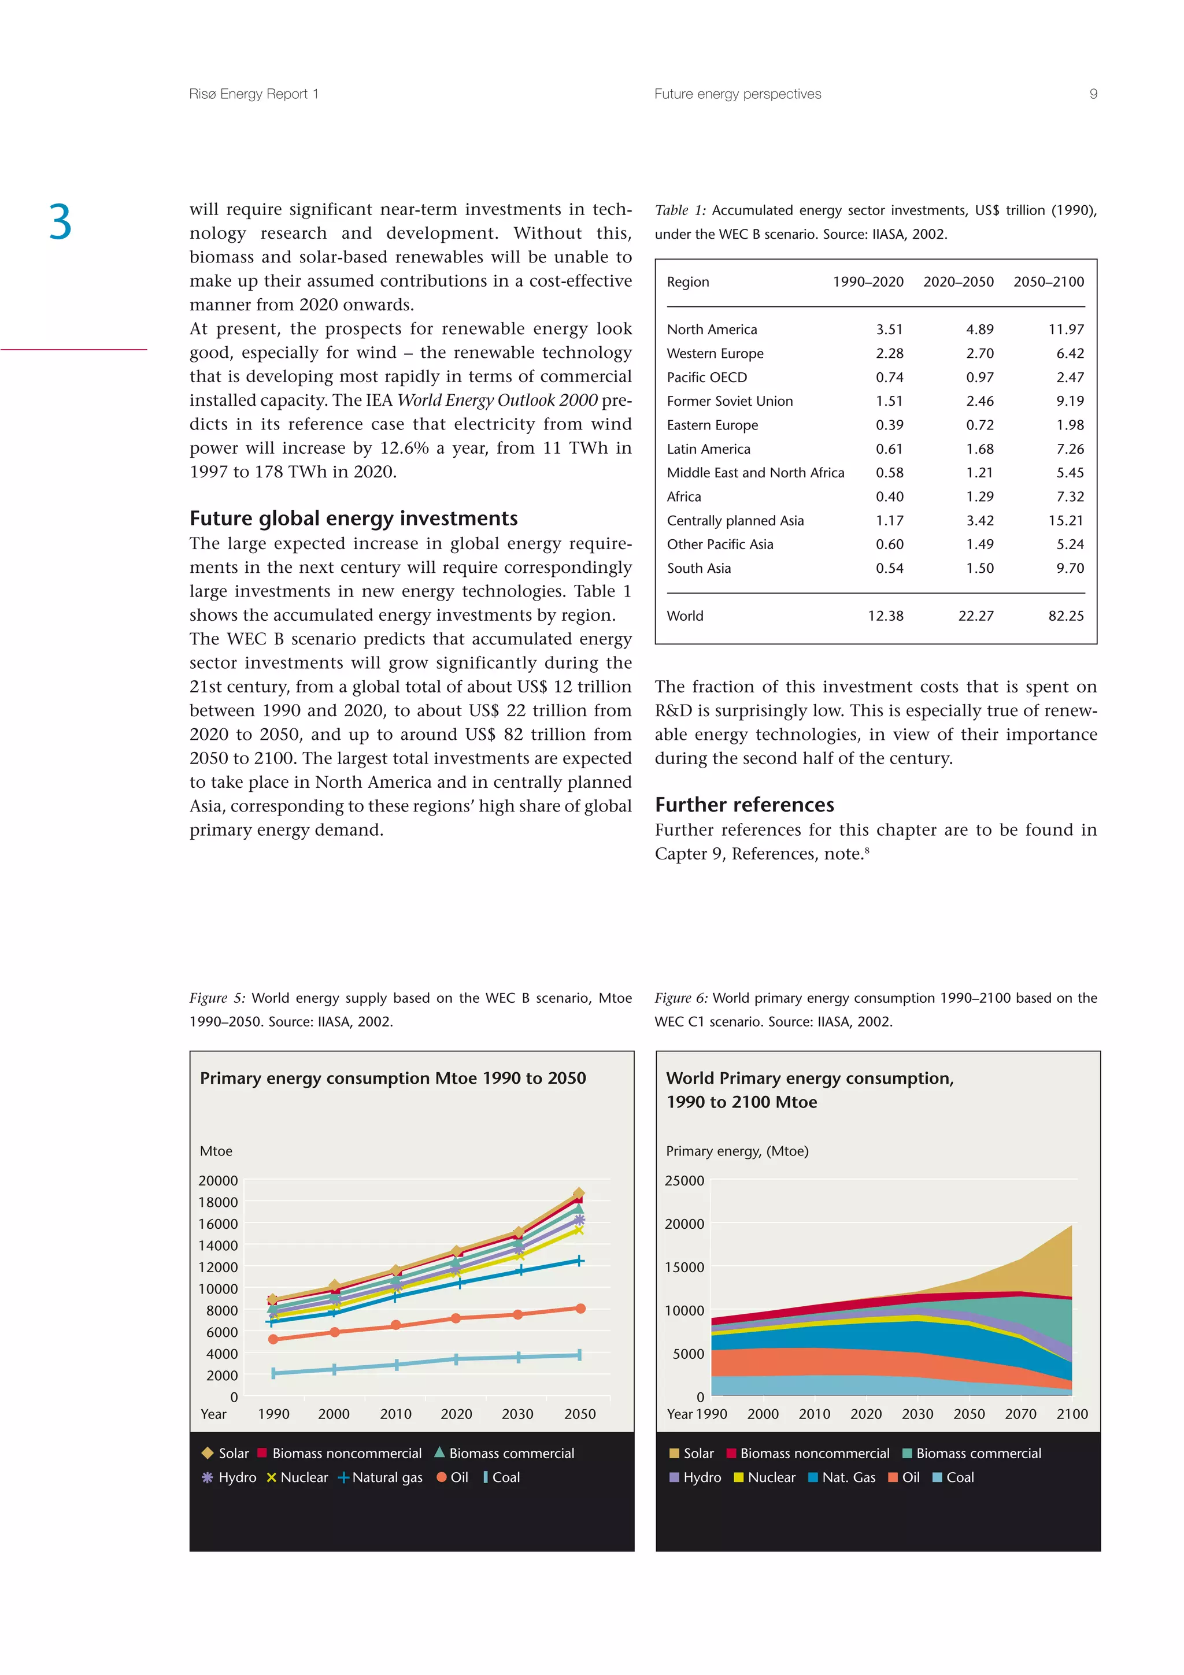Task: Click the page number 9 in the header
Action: (1093, 94)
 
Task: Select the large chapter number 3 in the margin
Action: (61, 223)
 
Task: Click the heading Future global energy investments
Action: (353, 518)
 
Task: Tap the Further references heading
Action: (744, 805)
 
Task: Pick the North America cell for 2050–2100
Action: (1066, 330)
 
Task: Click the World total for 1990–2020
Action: (885, 616)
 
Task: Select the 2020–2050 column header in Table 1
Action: (958, 282)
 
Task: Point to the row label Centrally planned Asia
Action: (735, 521)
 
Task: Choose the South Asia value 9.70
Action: (1070, 568)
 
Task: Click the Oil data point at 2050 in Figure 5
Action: (580, 1309)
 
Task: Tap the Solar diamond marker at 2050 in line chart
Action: (579, 1194)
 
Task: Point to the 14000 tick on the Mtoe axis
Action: (217, 1246)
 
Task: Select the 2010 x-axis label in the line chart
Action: (395, 1414)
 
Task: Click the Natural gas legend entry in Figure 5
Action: (379, 1477)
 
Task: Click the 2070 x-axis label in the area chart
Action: (1020, 1414)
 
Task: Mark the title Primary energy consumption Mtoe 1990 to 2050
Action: (393, 1079)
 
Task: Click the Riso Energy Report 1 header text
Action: (253, 94)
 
